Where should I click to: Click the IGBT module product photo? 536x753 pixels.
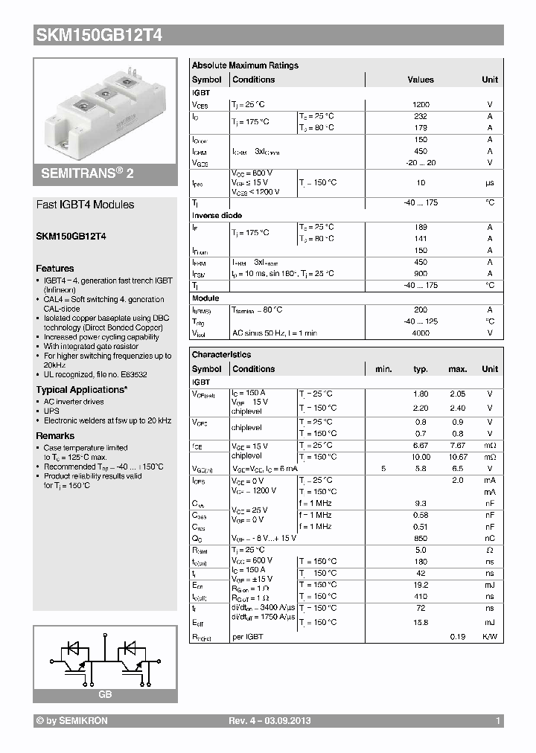104,110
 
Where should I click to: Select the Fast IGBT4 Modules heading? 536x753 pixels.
86,205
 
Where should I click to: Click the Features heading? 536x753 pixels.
55,269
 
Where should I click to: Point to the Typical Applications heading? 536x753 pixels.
81,390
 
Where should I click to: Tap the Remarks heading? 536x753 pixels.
55,436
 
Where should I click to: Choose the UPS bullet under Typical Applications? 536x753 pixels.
52,410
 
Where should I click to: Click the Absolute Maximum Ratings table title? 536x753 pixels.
245,65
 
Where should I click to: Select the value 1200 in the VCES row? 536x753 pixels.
421,105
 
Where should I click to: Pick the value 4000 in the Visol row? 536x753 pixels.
421,333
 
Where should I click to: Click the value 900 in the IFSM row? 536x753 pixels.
421,274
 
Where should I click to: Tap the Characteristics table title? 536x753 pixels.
221,355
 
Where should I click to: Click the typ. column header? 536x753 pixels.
421,369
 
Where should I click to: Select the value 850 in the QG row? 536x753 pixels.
421,538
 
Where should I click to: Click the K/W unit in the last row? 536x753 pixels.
490,637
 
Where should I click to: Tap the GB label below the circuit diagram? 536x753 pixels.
105,693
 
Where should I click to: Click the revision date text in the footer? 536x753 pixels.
269,721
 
